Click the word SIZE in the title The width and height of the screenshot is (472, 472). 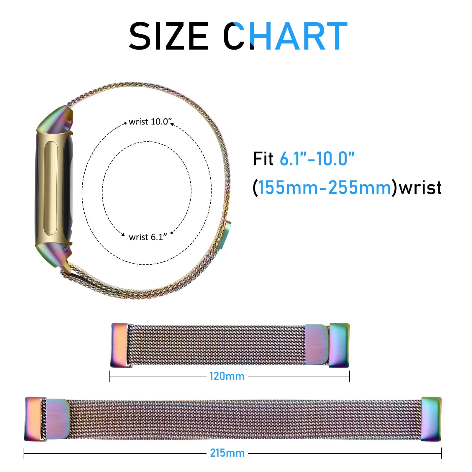(x=169, y=36)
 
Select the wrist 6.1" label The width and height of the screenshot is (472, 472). (x=148, y=237)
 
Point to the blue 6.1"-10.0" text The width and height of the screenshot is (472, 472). (x=317, y=159)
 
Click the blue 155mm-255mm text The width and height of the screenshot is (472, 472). (x=324, y=188)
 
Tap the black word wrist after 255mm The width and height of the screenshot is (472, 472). (x=420, y=188)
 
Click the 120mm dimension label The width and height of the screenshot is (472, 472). (x=227, y=376)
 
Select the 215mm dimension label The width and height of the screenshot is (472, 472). (x=227, y=453)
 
